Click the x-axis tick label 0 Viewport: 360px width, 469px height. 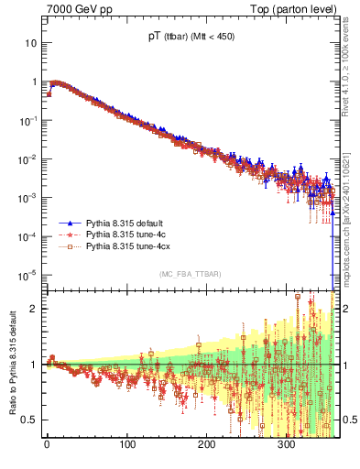point(47,446)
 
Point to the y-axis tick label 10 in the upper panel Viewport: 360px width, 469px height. point(31,43)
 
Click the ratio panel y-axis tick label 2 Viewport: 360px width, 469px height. point(34,309)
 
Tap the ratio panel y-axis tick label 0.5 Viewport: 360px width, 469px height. point(29,420)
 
